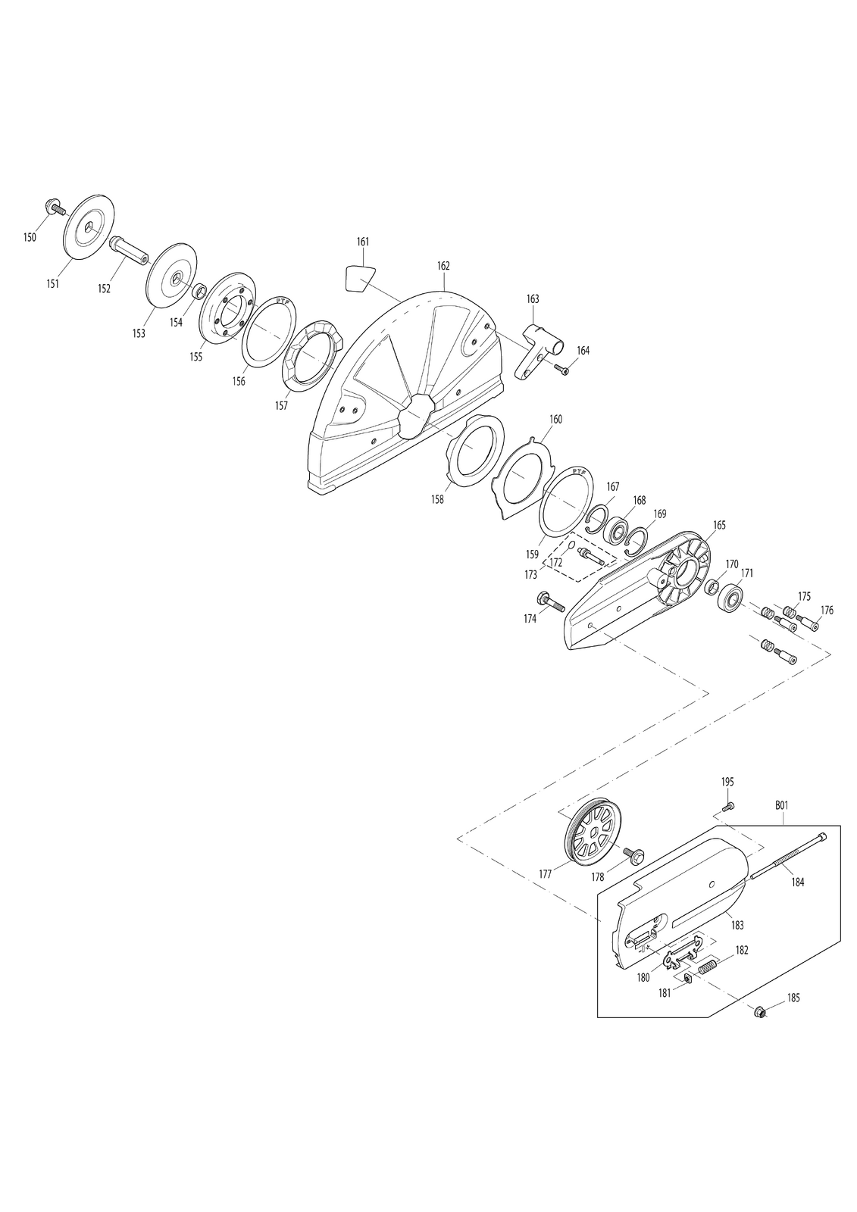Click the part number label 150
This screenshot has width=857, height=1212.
click(30, 237)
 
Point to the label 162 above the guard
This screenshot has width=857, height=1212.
click(443, 266)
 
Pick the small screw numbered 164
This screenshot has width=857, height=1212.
click(561, 370)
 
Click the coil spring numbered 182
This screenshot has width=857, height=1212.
click(708, 967)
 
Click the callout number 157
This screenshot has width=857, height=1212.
click(281, 405)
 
